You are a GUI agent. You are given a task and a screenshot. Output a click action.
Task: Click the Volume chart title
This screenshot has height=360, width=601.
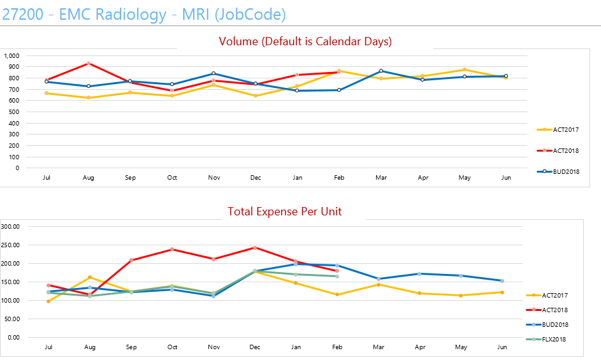(305, 41)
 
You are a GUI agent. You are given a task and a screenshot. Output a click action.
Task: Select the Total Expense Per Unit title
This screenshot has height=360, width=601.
(285, 211)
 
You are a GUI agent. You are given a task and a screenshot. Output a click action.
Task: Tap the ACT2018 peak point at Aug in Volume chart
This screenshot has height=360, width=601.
(89, 63)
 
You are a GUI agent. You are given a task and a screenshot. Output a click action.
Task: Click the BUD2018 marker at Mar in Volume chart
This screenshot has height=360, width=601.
(381, 71)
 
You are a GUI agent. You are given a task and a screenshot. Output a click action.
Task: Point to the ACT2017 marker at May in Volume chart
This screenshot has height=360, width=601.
(465, 69)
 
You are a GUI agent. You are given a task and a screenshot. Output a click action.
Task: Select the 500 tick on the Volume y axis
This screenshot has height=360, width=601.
(14, 112)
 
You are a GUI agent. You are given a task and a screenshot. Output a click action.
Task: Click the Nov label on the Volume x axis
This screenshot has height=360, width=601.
(214, 178)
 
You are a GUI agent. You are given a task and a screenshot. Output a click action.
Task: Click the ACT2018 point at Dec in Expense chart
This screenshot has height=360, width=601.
(255, 247)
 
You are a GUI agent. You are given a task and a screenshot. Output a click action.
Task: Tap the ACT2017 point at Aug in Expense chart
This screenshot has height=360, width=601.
(90, 277)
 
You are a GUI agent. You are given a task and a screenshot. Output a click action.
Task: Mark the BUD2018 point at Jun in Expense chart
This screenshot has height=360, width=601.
(502, 281)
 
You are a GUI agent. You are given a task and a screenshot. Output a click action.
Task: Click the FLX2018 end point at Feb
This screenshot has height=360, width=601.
(337, 277)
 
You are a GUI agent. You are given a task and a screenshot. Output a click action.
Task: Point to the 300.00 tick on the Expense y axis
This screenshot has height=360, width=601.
(11, 226)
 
